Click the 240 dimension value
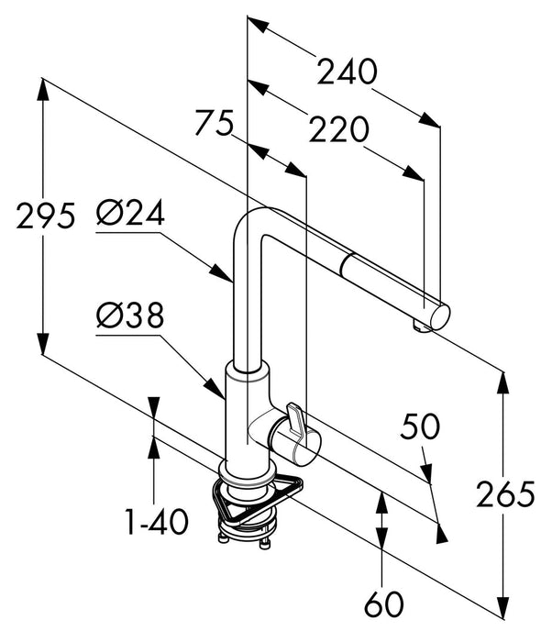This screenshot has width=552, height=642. [x=347, y=72]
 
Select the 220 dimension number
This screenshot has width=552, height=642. [x=337, y=131]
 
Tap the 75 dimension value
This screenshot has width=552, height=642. [x=214, y=123]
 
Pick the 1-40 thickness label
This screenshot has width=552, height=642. [x=156, y=524]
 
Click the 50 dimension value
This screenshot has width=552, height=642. [x=420, y=426]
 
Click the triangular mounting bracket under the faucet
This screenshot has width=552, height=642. [x=257, y=500]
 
